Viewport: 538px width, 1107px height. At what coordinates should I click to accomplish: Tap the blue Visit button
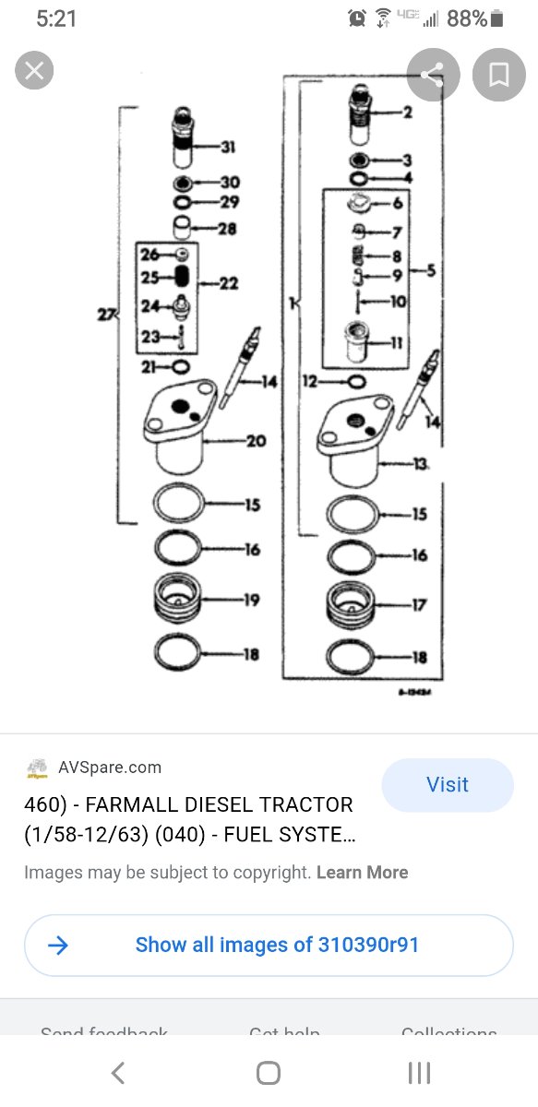coord(448,785)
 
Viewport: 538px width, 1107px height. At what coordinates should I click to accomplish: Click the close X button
coord(34,71)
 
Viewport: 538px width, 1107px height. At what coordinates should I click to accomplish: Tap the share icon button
coord(433,75)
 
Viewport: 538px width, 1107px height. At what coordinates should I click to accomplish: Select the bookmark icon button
coord(499,75)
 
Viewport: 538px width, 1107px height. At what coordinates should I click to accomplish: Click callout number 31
coord(229,146)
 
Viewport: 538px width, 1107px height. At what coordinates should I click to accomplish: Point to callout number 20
coord(256,441)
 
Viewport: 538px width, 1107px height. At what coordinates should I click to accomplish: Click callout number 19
coord(251,600)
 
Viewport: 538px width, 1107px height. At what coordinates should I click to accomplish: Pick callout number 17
coord(419,605)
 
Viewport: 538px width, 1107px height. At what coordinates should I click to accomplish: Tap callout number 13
coord(421,464)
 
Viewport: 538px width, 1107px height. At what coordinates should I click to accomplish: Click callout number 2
coord(407,113)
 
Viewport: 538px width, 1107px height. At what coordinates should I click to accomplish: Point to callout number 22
coord(228,283)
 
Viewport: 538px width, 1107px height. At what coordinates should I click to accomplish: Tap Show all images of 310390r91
coord(277,945)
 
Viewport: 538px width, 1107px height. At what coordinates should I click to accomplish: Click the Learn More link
coord(362,872)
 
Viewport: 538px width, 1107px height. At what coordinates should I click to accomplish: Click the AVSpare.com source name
coord(109,767)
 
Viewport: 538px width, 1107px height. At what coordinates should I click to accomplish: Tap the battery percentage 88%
coord(466,18)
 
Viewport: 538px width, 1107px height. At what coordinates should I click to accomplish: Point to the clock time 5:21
coord(55,18)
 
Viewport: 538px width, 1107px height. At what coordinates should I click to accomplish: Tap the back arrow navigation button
coord(117,1073)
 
